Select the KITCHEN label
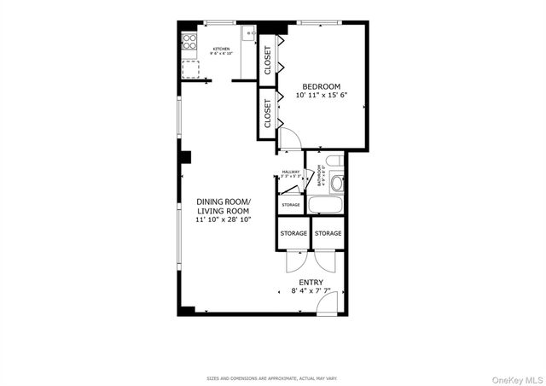(221, 50)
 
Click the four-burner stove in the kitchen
(189, 41)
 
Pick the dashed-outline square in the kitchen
(191, 68)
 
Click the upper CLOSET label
(268, 59)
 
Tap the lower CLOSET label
(268, 114)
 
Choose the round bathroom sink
(336, 182)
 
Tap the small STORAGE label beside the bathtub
(291, 206)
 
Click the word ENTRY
(310, 282)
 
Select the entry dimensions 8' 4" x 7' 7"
(310, 291)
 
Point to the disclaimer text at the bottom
(272, 377)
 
